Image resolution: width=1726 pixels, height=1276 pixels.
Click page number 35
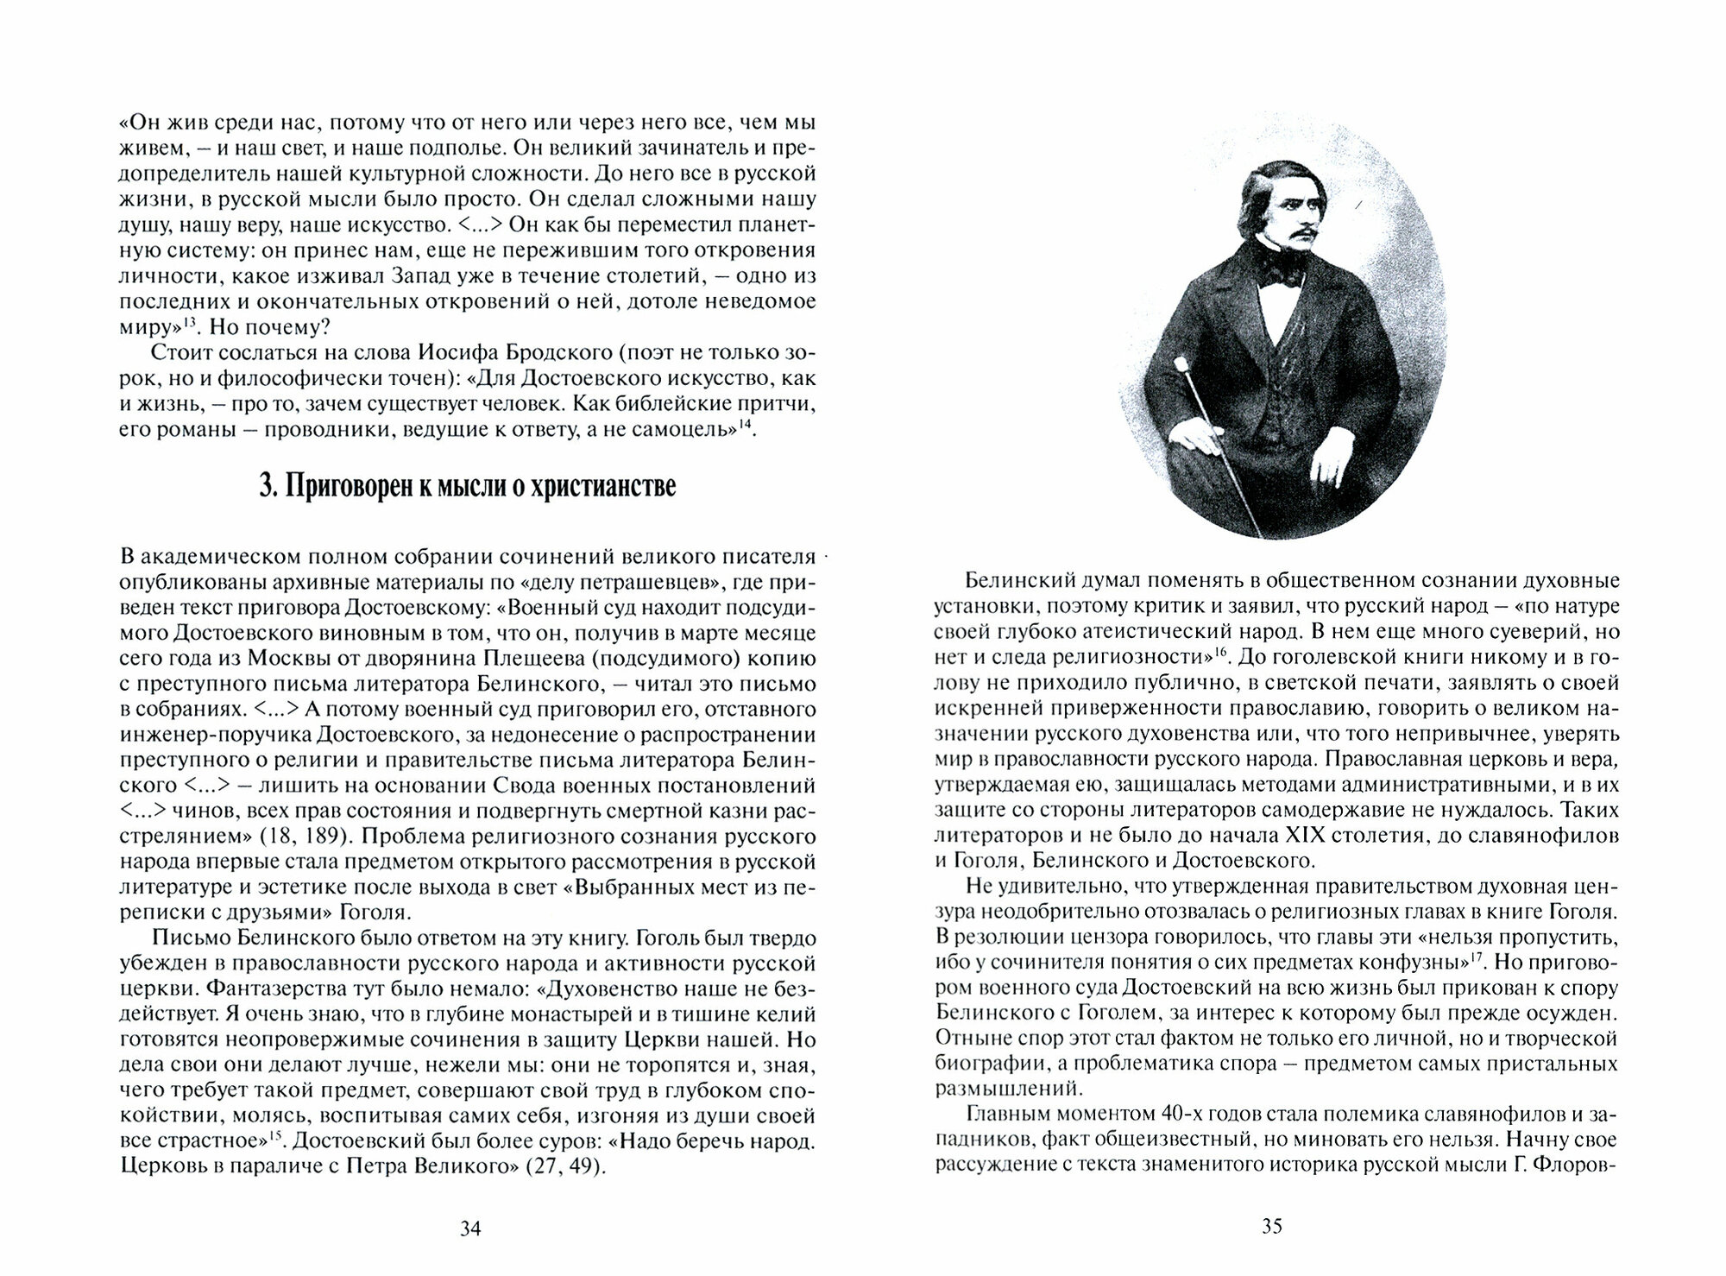click(x=1271, y=1226)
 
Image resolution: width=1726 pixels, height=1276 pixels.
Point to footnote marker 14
click(x=746, y=424)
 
